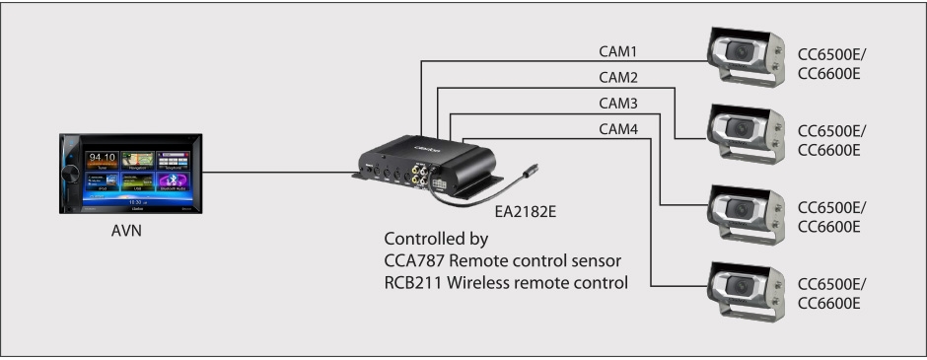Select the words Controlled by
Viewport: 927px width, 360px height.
[432, 240]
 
